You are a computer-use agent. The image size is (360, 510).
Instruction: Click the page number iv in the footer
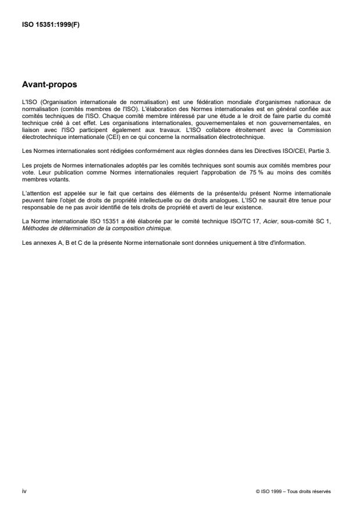(24, 491)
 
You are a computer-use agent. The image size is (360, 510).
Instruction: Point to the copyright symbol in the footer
(257, 492)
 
